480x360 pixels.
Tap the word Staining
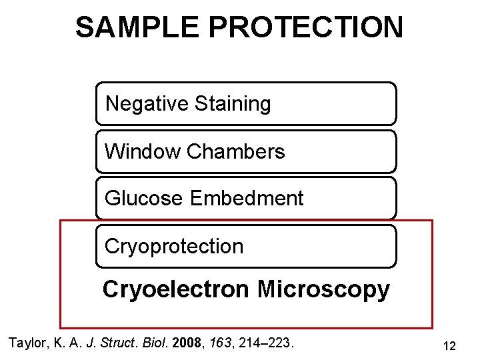click(233, 105)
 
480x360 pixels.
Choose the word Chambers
click(236, 152)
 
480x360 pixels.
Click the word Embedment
click(247, 199)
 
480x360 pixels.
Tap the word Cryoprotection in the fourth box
click(174, 247)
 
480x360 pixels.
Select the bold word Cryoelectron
click(177, 290)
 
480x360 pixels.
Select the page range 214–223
click(268, 343)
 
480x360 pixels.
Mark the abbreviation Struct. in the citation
click(120, 343)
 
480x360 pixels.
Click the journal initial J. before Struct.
click(95, 343)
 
